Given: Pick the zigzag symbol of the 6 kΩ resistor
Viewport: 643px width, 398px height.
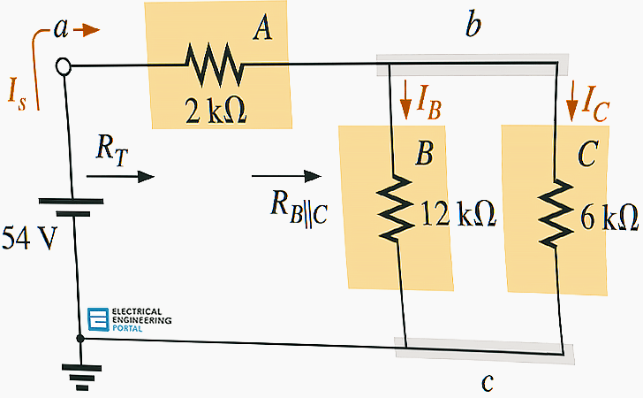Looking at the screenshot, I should click(x=556, y=212).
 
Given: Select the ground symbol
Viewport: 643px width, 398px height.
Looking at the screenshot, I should click(x=80, y=377).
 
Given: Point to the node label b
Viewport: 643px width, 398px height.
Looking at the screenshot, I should click(x=473, y=27).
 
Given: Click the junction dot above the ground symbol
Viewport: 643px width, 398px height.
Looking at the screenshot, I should click(x=80, y=338).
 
